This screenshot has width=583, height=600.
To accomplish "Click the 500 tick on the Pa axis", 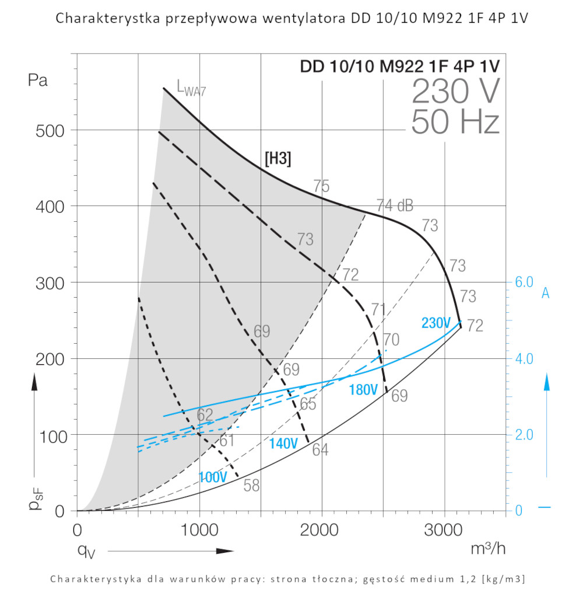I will (49, 130).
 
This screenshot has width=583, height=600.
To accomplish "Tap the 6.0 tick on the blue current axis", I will (525, 282).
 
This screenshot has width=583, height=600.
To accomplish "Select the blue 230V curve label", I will (436, 323).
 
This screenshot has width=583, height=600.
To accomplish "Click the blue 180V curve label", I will (363, 390).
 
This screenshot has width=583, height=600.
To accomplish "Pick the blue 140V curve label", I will (283, 444).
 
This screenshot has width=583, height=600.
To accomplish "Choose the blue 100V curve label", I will (213, 477).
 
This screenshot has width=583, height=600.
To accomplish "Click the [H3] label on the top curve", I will (278, 159).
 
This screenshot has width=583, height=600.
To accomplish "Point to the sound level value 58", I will (251, 486).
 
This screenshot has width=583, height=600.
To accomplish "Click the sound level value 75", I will (321, 186).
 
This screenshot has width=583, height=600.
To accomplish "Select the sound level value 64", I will (320, 450).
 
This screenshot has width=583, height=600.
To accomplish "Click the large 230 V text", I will (455, 92).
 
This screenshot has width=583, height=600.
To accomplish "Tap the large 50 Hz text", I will (455, 123).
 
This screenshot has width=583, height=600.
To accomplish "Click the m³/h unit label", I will (488, 549).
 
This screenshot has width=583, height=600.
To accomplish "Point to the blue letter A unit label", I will (546, 293).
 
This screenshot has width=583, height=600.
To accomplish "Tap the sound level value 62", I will (205, 416).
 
